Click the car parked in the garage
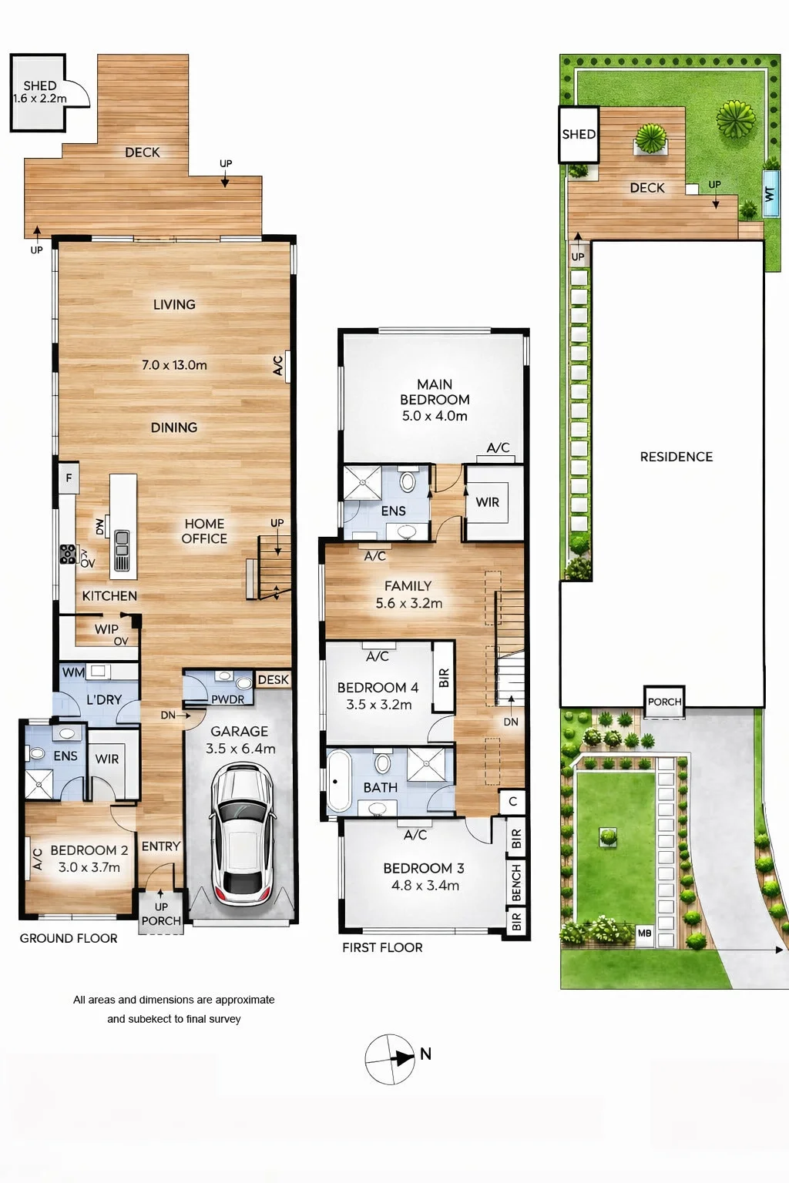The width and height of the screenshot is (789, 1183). tap(242, 834)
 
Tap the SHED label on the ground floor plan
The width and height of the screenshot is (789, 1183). tap(39, 85)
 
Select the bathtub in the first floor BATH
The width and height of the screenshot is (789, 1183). tap(338, 781)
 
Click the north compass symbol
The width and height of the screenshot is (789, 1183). tap(390, 1059)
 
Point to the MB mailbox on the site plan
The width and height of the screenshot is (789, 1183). tap(644, 933)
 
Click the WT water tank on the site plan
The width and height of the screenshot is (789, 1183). tap(770, 194)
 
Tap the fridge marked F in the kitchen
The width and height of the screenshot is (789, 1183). tap(69, 478)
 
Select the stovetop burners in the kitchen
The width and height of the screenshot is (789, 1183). tap(68, 554)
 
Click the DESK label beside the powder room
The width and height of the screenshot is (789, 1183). tap(274, 680)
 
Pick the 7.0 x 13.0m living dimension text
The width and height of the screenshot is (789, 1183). tap(174, 365)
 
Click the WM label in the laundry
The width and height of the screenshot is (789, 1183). tap(73, 672)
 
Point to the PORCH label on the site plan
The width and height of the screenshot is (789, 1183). tap(664, 702)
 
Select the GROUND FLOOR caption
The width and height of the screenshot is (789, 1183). tap(69, 938)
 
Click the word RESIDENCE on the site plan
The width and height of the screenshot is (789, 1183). tap(676, 456)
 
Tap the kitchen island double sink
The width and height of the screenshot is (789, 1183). tap(122, 543)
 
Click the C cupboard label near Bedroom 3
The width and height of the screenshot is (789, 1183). tap(512, 801)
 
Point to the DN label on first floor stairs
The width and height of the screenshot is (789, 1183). tap(511, 722)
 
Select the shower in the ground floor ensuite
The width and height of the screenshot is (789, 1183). tap(39, 784)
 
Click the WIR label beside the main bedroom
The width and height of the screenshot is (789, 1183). tap(487, 501)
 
